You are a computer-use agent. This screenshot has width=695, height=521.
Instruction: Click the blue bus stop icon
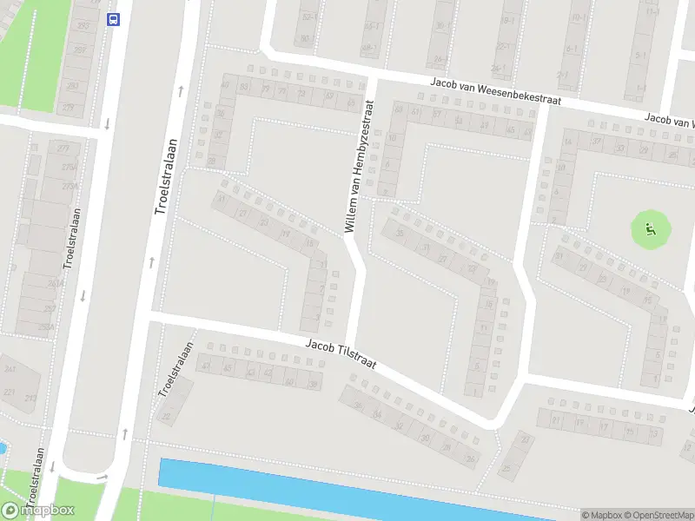pos(113,19)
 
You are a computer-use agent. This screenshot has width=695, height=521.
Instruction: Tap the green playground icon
pos(650,230)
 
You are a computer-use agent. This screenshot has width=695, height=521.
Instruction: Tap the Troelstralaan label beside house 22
pos(175,371)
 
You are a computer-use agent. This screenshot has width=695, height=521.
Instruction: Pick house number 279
pos(69,108)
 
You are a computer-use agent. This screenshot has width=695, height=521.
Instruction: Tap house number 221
pos(9,392)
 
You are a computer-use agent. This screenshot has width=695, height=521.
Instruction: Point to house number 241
pos(10,369)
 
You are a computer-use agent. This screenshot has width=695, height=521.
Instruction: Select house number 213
pos(30,399)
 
